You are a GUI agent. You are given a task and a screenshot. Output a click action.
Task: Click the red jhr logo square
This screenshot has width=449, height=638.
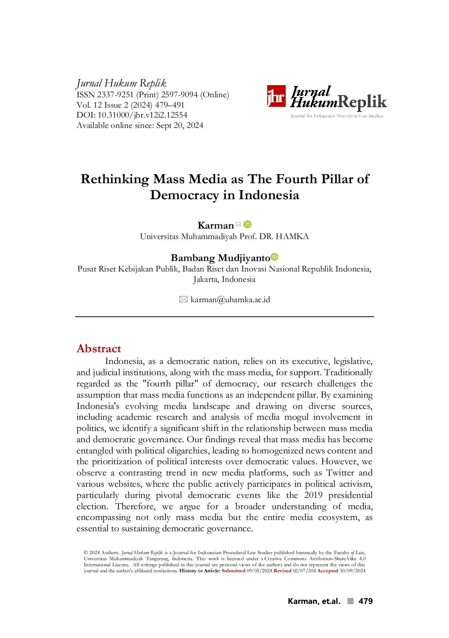276,96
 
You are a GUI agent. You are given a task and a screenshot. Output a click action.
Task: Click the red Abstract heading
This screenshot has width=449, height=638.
99,349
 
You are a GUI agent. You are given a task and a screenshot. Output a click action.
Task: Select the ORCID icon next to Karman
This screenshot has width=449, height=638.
248,224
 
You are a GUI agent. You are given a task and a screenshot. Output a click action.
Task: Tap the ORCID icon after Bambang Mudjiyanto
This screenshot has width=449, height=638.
274,257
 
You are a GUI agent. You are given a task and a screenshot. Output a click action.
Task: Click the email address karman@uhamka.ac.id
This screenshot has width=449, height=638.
230,300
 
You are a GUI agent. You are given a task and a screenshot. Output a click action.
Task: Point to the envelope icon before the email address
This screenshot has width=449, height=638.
183,300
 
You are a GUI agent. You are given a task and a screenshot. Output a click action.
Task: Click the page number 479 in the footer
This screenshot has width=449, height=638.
366,601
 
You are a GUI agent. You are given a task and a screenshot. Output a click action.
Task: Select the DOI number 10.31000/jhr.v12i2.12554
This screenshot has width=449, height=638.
143,115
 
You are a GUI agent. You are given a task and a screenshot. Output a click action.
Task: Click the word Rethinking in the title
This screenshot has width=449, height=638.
115,179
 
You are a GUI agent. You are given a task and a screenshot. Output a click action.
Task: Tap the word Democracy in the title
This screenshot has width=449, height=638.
185,195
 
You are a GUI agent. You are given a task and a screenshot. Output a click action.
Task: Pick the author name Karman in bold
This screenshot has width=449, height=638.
216,226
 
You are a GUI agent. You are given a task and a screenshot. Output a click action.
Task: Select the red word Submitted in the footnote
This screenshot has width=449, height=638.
233,571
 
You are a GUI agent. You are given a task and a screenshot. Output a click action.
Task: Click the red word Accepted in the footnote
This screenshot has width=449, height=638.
328,571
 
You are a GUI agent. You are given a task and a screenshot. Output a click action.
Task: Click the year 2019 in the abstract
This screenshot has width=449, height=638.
313,495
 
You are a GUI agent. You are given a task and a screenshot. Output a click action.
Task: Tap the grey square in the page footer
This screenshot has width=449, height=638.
350,601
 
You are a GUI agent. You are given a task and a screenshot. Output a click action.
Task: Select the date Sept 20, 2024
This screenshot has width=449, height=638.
180,126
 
